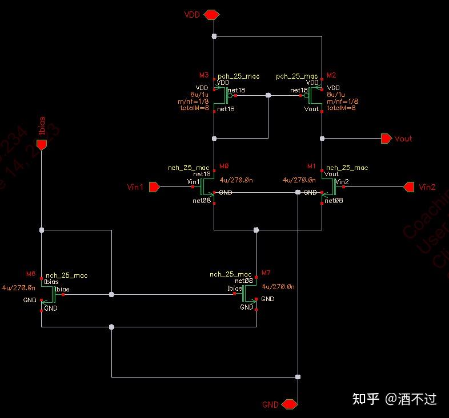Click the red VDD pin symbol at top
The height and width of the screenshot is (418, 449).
212,15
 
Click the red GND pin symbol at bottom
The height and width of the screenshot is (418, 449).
290,404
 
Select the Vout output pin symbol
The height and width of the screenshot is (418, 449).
386,138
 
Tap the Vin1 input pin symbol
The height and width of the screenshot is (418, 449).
154,186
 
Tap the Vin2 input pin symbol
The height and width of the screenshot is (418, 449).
409,186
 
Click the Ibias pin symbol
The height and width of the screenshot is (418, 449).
41,145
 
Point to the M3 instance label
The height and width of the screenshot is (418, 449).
204,75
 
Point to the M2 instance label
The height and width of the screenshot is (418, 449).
331,75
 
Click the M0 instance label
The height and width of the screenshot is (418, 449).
224,166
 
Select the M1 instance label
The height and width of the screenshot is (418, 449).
311,166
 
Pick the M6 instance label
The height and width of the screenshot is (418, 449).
31,273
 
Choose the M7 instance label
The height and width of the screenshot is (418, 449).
266,273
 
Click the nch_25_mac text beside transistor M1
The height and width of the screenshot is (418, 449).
347,168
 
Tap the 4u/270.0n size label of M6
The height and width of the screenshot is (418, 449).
19,287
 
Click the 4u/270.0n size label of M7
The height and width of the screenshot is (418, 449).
278,287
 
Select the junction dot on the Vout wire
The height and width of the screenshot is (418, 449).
322,138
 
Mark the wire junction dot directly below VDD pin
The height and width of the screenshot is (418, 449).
214,36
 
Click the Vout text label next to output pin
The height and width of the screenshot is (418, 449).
403,139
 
